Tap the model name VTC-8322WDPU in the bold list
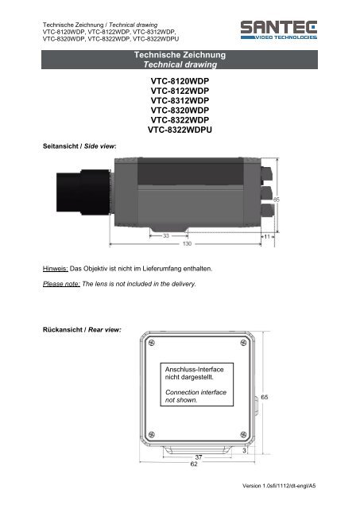point(180,130)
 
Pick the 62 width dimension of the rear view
point(193,464)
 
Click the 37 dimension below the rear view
point(199,457)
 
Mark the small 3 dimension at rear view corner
point(245,450)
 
